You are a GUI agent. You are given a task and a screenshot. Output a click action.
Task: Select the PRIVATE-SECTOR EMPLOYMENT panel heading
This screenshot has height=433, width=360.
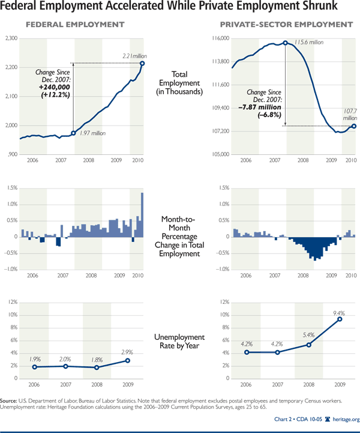pyautogui.click(x=286, y=25)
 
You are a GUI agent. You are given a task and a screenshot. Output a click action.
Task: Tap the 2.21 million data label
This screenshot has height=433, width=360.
pyautogui.click(x=133, y=56)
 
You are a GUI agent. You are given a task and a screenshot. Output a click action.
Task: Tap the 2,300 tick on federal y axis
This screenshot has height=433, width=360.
pyautogui.click(x=10, y=38)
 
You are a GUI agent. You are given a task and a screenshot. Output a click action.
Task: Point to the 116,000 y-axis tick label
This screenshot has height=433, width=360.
pyautogui.click(x=220, y=38)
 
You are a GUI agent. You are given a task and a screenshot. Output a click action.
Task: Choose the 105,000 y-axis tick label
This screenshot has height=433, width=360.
pyautogui.click(x=220, y=154)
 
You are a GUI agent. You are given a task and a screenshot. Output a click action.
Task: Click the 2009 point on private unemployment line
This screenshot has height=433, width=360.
pyautogui.click(x=340, y=319)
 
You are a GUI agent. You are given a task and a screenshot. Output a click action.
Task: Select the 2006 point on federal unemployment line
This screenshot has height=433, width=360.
pyautogui.click(x=34, y=367)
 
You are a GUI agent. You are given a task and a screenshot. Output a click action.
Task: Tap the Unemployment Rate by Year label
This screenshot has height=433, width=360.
pyautogui.click(x=180, y=342)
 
